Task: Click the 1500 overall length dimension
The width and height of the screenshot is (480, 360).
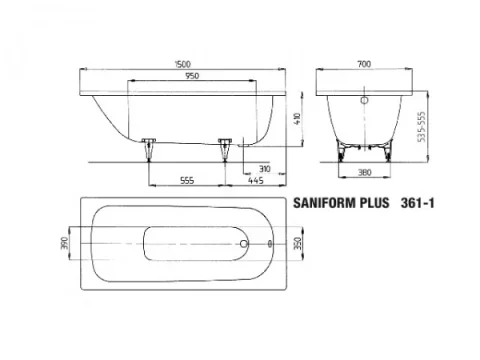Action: pos(179,63)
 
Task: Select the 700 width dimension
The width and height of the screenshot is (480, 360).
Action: pos(367,63)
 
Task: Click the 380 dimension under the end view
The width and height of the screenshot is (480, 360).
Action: pos(365,171)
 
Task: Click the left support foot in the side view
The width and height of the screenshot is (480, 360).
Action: pos(150,147)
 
